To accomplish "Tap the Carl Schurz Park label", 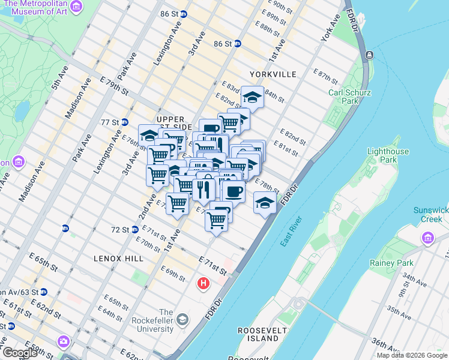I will pyautogui.click(x=350, y=97).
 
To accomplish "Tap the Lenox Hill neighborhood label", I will pyautogui.click(x=118, y=258).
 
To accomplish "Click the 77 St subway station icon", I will pyautogui.click(x=125, y=122).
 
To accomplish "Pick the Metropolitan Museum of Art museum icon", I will pyautogui.click(x=76, y=7).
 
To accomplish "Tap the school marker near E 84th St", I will pyautogui.click(x=253, y=97).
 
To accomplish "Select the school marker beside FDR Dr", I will pyautogui.click(x=265, y=202).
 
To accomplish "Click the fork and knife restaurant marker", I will pyautogui.click(x=203, y=190).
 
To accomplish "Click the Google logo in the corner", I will pyautogui.click(x=19, y=353).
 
